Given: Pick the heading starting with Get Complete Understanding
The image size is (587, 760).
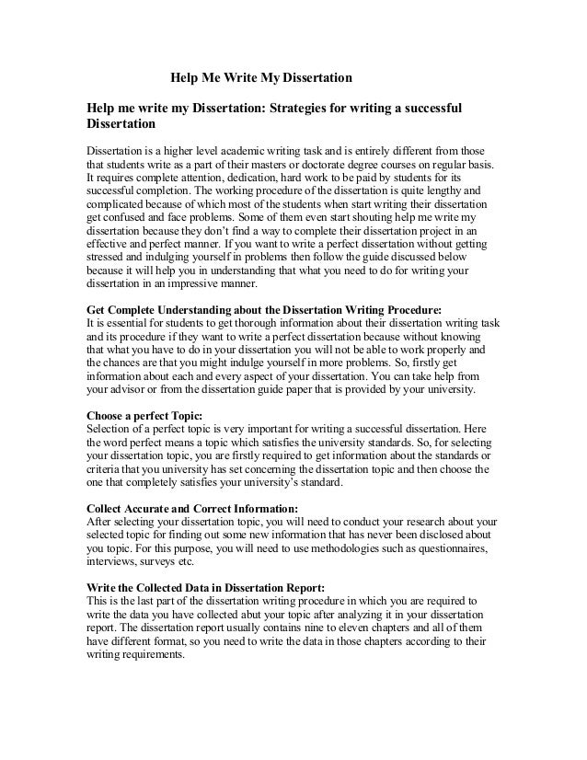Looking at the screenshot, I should click(263, 311).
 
